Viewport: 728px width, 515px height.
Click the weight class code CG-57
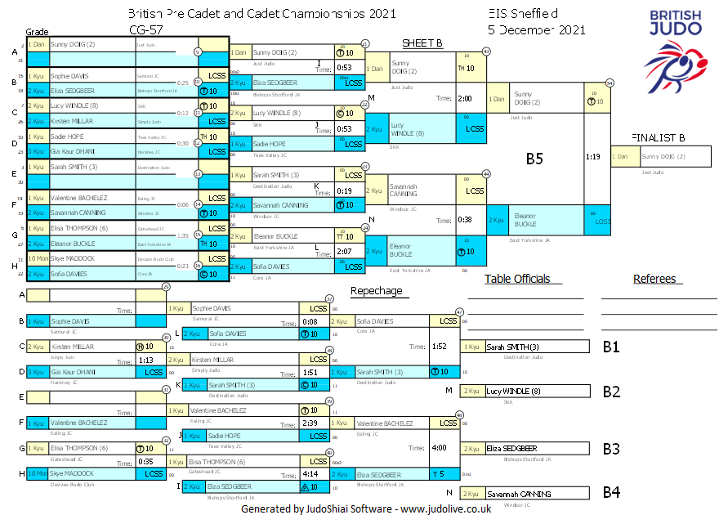pos(145,30)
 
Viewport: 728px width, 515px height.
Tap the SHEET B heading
pos(422,43)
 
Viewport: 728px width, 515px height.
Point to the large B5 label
pos(534,159)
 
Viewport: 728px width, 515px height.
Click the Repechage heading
pos(376,290)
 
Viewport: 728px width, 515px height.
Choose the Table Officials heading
pos(517,279)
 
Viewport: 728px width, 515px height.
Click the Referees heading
pos(654,279)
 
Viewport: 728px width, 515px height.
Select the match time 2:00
pos(465,98)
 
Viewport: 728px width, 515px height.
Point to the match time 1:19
pos(594,155)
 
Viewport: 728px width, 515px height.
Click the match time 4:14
pos(310,473)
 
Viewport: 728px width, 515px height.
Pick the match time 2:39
pos(310,423)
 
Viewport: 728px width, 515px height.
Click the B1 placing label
pos(611,347)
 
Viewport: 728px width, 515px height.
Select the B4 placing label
pos(611,493)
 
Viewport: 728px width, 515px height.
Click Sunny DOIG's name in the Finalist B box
pos(663,156)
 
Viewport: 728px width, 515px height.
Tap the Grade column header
pos(38,31)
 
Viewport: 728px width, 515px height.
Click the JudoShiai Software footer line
pos(365,508)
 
